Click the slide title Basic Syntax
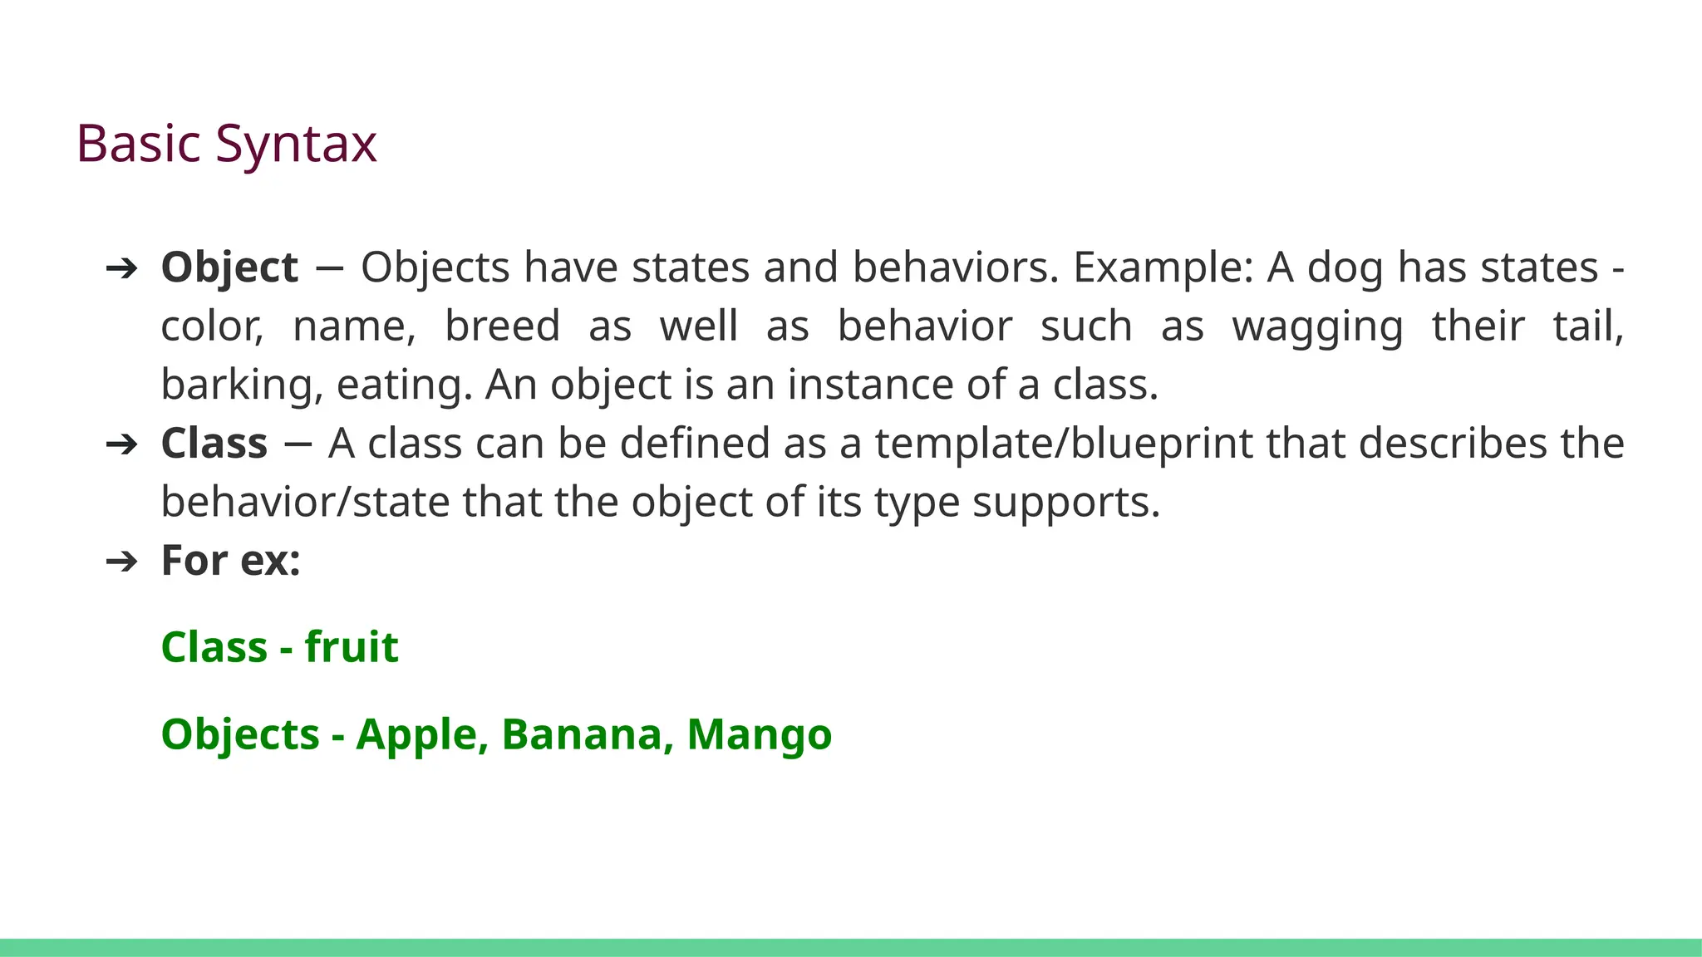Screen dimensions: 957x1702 coord(226,144)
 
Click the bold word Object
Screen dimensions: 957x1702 coord(229,267)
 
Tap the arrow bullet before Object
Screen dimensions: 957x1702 coord(121,268)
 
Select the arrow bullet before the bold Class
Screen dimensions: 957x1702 coord(121,444)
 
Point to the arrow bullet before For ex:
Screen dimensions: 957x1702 coord(121,562)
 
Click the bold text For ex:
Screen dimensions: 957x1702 coord(230,560)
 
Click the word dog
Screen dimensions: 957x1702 coord(1345,267)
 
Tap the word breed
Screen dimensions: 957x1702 coord(502,326)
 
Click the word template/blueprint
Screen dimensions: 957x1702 coord(1064,444)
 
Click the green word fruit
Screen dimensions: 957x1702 coord(352,647)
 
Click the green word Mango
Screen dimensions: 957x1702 coord(759,735)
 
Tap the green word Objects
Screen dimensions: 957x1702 coord(240,735)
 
